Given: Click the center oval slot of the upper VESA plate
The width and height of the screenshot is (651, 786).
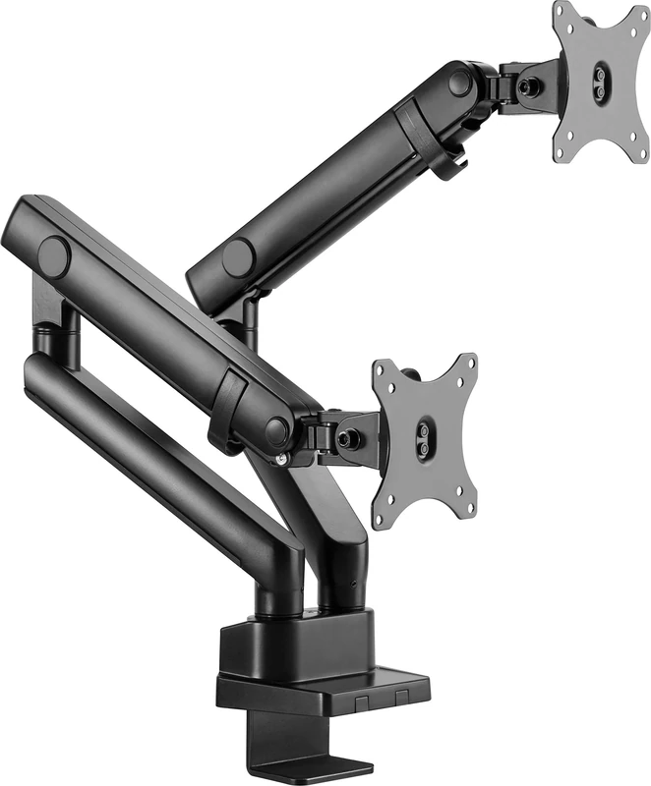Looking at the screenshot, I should pos(598,82).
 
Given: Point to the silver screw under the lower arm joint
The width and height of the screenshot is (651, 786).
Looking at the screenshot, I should pos(282,459).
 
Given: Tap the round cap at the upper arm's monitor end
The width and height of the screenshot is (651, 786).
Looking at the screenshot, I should pos(460,83).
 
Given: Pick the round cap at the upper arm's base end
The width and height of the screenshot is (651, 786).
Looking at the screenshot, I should pos(238,258).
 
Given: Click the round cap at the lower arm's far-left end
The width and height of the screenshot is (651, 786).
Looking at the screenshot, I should pos(54,257).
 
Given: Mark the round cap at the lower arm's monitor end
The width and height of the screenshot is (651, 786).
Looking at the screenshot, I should pos(277,429).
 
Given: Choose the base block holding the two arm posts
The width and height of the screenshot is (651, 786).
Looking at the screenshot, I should pos(295,644).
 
